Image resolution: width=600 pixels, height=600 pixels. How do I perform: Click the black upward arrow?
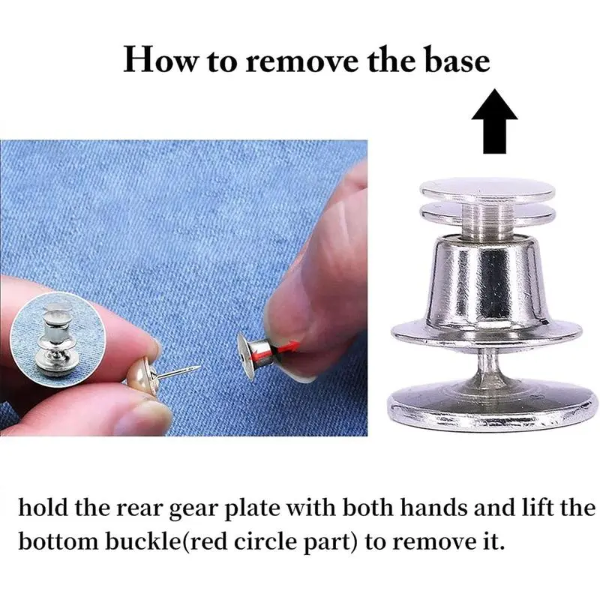point(494,121)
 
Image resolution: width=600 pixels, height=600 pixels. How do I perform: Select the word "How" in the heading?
point(160,60)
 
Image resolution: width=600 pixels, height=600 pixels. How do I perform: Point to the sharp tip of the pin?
point(199,367)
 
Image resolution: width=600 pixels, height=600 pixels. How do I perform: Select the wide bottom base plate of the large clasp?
point(493,406)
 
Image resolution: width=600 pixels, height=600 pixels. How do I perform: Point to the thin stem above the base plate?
point(487,364)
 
